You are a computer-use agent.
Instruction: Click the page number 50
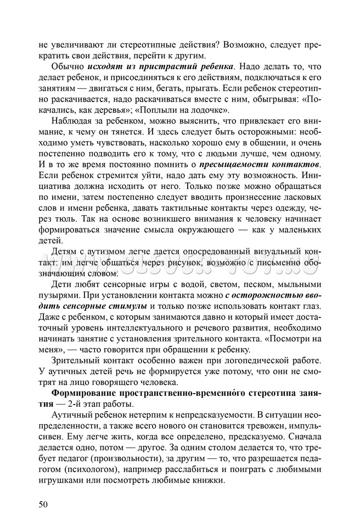click(44, 504)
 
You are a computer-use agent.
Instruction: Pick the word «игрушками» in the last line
click(59, 482)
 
